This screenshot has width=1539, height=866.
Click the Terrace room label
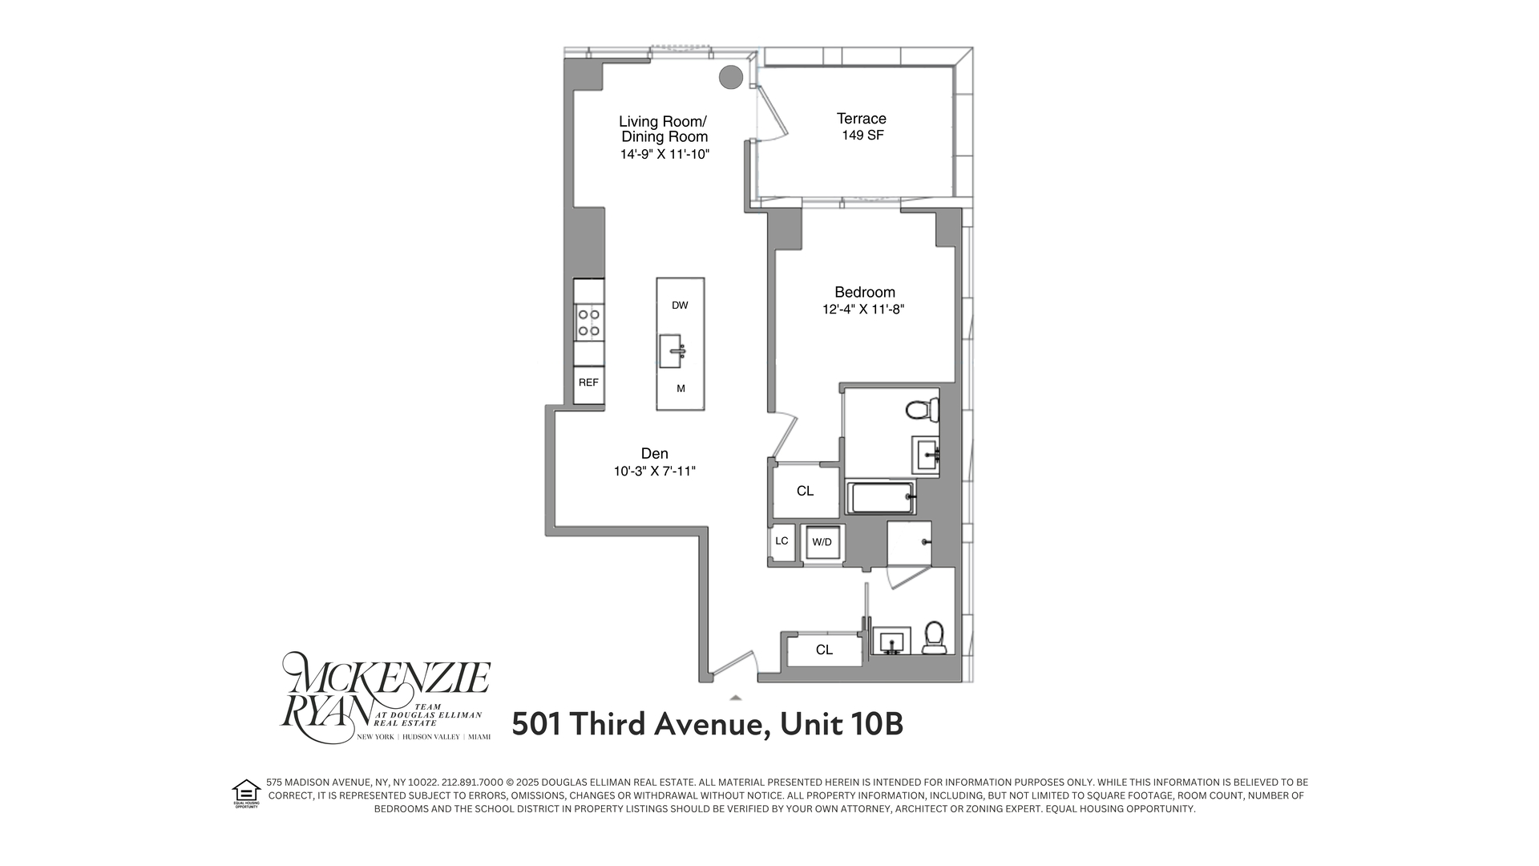pyautogui.click(x=862, y=119)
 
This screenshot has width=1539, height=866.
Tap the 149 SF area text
pyautogui.click(x=862, y=136)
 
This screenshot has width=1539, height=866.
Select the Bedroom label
pyautogui.click(x=864, y=292)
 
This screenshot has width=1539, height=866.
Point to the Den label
pyautogui.click(x=654, y=454)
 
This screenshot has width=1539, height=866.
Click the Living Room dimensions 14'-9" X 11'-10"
pyautogui.click(x=664, y=154)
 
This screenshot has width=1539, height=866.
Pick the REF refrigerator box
pyautogui.click(x=588, y=383)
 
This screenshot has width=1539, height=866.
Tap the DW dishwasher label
pyautogui.click(x=680, y=306)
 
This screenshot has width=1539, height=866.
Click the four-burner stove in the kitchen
pyautogui.click(x=589, y=322)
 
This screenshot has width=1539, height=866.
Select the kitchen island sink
pyautogui.click(x=671, y=350)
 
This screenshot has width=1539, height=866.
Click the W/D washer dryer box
pyautogui.click(x=822, y=543)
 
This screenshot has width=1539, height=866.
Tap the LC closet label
pyautogui.click(x=782, y=541)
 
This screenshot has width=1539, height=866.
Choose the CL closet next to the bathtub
pyautogui.click(x=805, y=491)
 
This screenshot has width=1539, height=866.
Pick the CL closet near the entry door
pyautogui.click(x=824, y=650)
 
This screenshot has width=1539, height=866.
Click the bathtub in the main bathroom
pyautogui.click(x=880, y=498)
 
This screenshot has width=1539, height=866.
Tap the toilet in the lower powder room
pyautogui.click(x=934, y=638)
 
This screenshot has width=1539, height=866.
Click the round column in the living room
pyautogui.click(x=730, y=77)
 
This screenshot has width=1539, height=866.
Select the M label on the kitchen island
pyautogui.click(x=681, y=389)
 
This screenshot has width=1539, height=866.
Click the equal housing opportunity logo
pyautogui.click(x=245, y=792)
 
